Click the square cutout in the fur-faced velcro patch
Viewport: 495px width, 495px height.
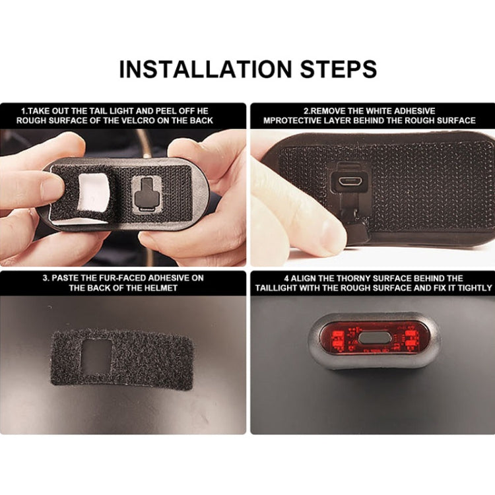(x=97, y=357)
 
